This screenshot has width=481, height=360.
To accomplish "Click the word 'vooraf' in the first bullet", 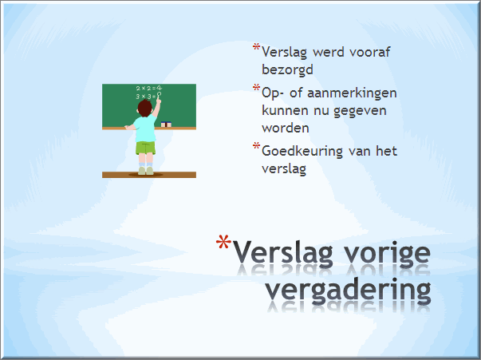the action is [369, 52].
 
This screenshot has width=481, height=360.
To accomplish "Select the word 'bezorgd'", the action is [287, 70].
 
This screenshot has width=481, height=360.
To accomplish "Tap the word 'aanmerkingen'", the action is [352, 93].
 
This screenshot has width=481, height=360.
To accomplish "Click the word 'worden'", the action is [286, 128].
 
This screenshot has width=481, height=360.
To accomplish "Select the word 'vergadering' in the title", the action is [348, 290].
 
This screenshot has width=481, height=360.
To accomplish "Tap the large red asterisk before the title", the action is [223, 242].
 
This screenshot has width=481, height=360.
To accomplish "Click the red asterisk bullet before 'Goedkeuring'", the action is [256, 146].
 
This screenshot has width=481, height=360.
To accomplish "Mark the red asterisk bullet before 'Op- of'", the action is [256, 88].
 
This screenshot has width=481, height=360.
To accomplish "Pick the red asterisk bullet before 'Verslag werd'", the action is [256, 47].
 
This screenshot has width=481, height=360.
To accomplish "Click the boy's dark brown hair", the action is [145, 108].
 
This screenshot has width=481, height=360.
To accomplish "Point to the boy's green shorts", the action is [145, 148].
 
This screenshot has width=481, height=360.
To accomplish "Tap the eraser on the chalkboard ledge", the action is [166, 124].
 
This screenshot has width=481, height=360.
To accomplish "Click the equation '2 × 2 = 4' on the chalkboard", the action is [148, 89].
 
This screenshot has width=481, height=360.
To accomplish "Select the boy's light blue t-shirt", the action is [145, 128].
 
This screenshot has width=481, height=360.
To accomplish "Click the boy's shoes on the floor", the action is [145, 171].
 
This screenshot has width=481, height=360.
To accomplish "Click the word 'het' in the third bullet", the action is [387, 151].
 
